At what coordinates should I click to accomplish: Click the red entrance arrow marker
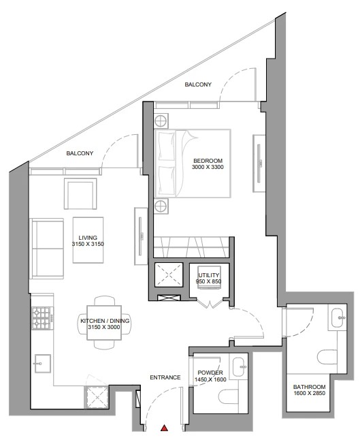pyautogui.click(x=165, y=428)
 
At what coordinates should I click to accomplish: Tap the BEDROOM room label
pyautogui.click(x=208, y=161)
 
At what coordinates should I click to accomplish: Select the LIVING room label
pyautogui.click(x=88, y=238)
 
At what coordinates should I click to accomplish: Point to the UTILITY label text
pyautogui.click(x=209, y=275)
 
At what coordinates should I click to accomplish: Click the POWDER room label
pyautogui.click(x=210, y=373)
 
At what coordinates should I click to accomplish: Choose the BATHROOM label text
pyautogui.click(x=309, y=387)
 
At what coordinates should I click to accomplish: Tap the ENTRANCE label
pyautogui.click(x=165, y=377)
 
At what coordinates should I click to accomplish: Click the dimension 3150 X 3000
pyautogui.click(x=104, y=327)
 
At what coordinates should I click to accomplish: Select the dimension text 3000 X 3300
pyautogui.click(x=208, y=167)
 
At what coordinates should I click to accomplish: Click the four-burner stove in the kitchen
pyautogui.click(x=43, y=318)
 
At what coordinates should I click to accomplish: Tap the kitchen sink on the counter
pyautogui.click(x=43, y=364)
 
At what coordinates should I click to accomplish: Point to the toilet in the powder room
pyautogui.click(x=228, y=396)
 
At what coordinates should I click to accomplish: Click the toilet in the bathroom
pyautogui.click(x=327, y=357)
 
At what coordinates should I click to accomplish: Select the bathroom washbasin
pyautogui.click(x=338, y=317)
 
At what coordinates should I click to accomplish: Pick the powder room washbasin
pyautogui.click(x=240, y=366)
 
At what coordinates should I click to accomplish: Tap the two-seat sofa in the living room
pyautogui.click(x=48, y=249)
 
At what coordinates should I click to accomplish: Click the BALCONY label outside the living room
pyautogui.click(x=80, y=153)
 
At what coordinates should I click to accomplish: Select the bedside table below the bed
pyautogui.click(x=161, y=206)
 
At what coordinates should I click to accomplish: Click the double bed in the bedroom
pyautogui.click(x=193, y=163)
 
